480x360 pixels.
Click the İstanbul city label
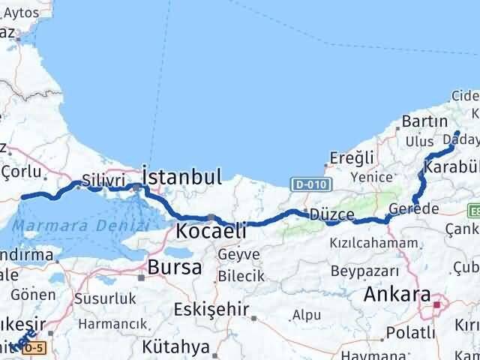[x=181, y=178]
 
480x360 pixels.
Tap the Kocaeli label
[x=210, y=231]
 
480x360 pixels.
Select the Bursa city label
[x=174, y=266]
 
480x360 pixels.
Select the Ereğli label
[x=352, y=158]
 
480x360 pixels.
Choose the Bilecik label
[x=241, y=276]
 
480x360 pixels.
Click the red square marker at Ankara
[x=437, y=304]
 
